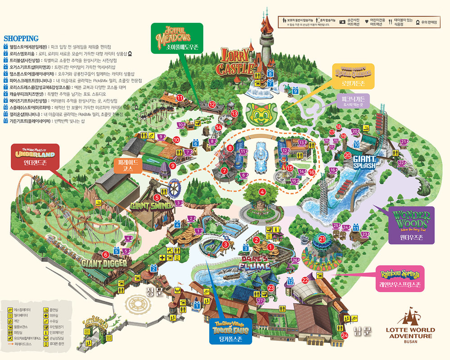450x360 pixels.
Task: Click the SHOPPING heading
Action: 21,38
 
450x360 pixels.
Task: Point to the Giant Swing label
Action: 151,206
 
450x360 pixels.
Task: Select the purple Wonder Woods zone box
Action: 411,225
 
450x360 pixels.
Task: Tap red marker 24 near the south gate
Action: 345,335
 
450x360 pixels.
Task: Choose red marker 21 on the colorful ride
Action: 322,238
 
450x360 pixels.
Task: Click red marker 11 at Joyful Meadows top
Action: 179,97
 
